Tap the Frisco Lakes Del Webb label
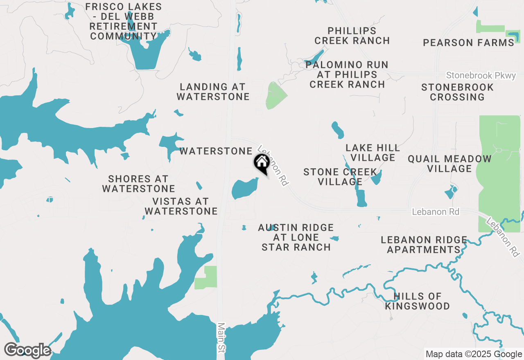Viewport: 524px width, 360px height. pyautogui.click(x=123, y=22)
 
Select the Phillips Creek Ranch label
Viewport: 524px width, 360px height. pyautogui.click(x=352, y=36)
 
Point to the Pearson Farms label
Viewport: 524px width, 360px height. pyautogui.click(x=468, y=43)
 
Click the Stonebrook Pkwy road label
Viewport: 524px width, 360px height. pyautogui.click(x=481, y=76)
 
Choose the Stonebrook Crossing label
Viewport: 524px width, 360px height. pyautogui.click(x=457, y=92)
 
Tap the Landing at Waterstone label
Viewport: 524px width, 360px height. pyautogui.click(x=213, y=92)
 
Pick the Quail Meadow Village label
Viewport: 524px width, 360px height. pyautogui.click(x=449, y=164)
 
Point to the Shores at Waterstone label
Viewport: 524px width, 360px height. pyautogui.click(x=138, y=184)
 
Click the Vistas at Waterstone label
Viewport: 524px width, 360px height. pyautogui.click(x=181, y=206)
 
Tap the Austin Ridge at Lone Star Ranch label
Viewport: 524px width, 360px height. pyautogui.click(x=296, y=237)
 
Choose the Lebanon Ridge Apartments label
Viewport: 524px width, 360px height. pyautogui.click(x=424, y=245)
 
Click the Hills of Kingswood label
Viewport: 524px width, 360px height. pyautogui.click(x=417, y=301)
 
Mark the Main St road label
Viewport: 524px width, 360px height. pyautogui.click(x=221, y=337)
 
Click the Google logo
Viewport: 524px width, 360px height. pyautogui.click(x=27, y=351)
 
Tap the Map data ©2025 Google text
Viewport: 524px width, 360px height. pyautogui.click(x=474, y=354)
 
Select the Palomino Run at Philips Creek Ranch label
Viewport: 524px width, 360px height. pyautogui.click(x=347, y=74)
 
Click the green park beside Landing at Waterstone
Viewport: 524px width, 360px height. pyautogui.click(x=275, y=96)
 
